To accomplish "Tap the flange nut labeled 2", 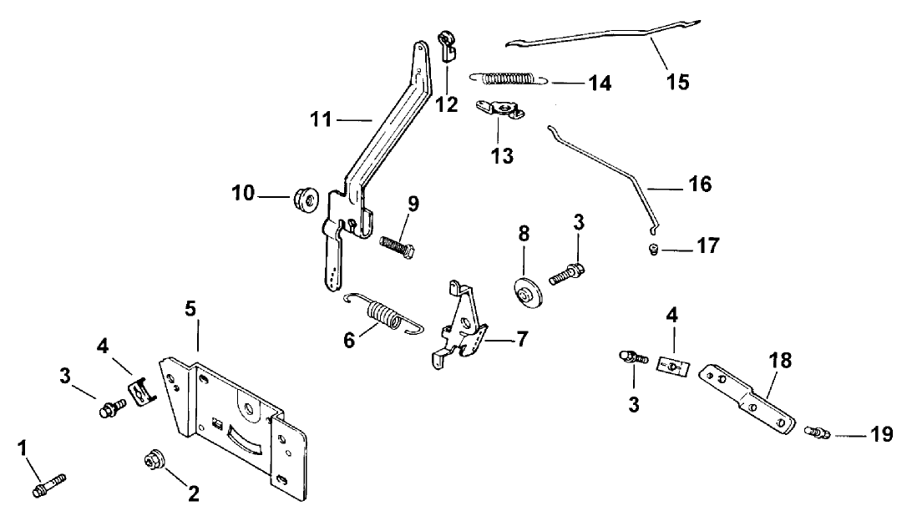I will (x=154, y=461).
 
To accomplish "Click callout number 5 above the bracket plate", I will (x=190, y=308).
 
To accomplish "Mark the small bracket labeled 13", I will (x=499, y=110).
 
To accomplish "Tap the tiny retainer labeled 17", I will (x=655, y=247).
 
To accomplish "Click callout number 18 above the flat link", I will (x=782, y=361).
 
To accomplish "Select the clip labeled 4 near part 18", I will (x=672, y=367).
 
